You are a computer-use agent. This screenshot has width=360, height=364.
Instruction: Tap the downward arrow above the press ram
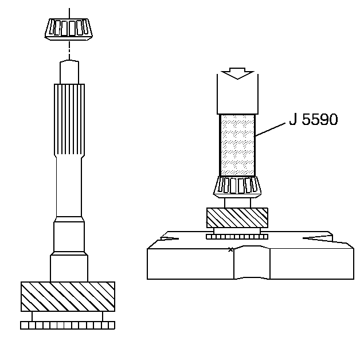coord(237,73)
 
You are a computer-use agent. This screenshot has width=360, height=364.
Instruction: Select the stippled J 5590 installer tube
coord(237,146)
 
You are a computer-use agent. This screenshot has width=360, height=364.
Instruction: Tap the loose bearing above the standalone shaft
coord(69,28)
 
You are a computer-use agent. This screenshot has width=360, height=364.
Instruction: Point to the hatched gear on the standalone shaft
coord(68,296)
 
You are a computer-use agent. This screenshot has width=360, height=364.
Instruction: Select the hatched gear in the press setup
coord(237,218)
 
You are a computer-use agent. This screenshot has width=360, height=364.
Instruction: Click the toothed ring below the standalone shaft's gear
coord(68,325)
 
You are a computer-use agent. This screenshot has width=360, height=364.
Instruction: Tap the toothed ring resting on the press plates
coord(237,236)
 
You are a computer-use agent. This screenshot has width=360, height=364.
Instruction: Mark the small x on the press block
coord(230,249)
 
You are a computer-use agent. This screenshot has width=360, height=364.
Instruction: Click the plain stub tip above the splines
coord(69,72)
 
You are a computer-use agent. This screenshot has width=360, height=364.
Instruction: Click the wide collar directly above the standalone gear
coord(69,268)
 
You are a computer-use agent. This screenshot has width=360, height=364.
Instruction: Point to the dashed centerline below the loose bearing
coord(69,50)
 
